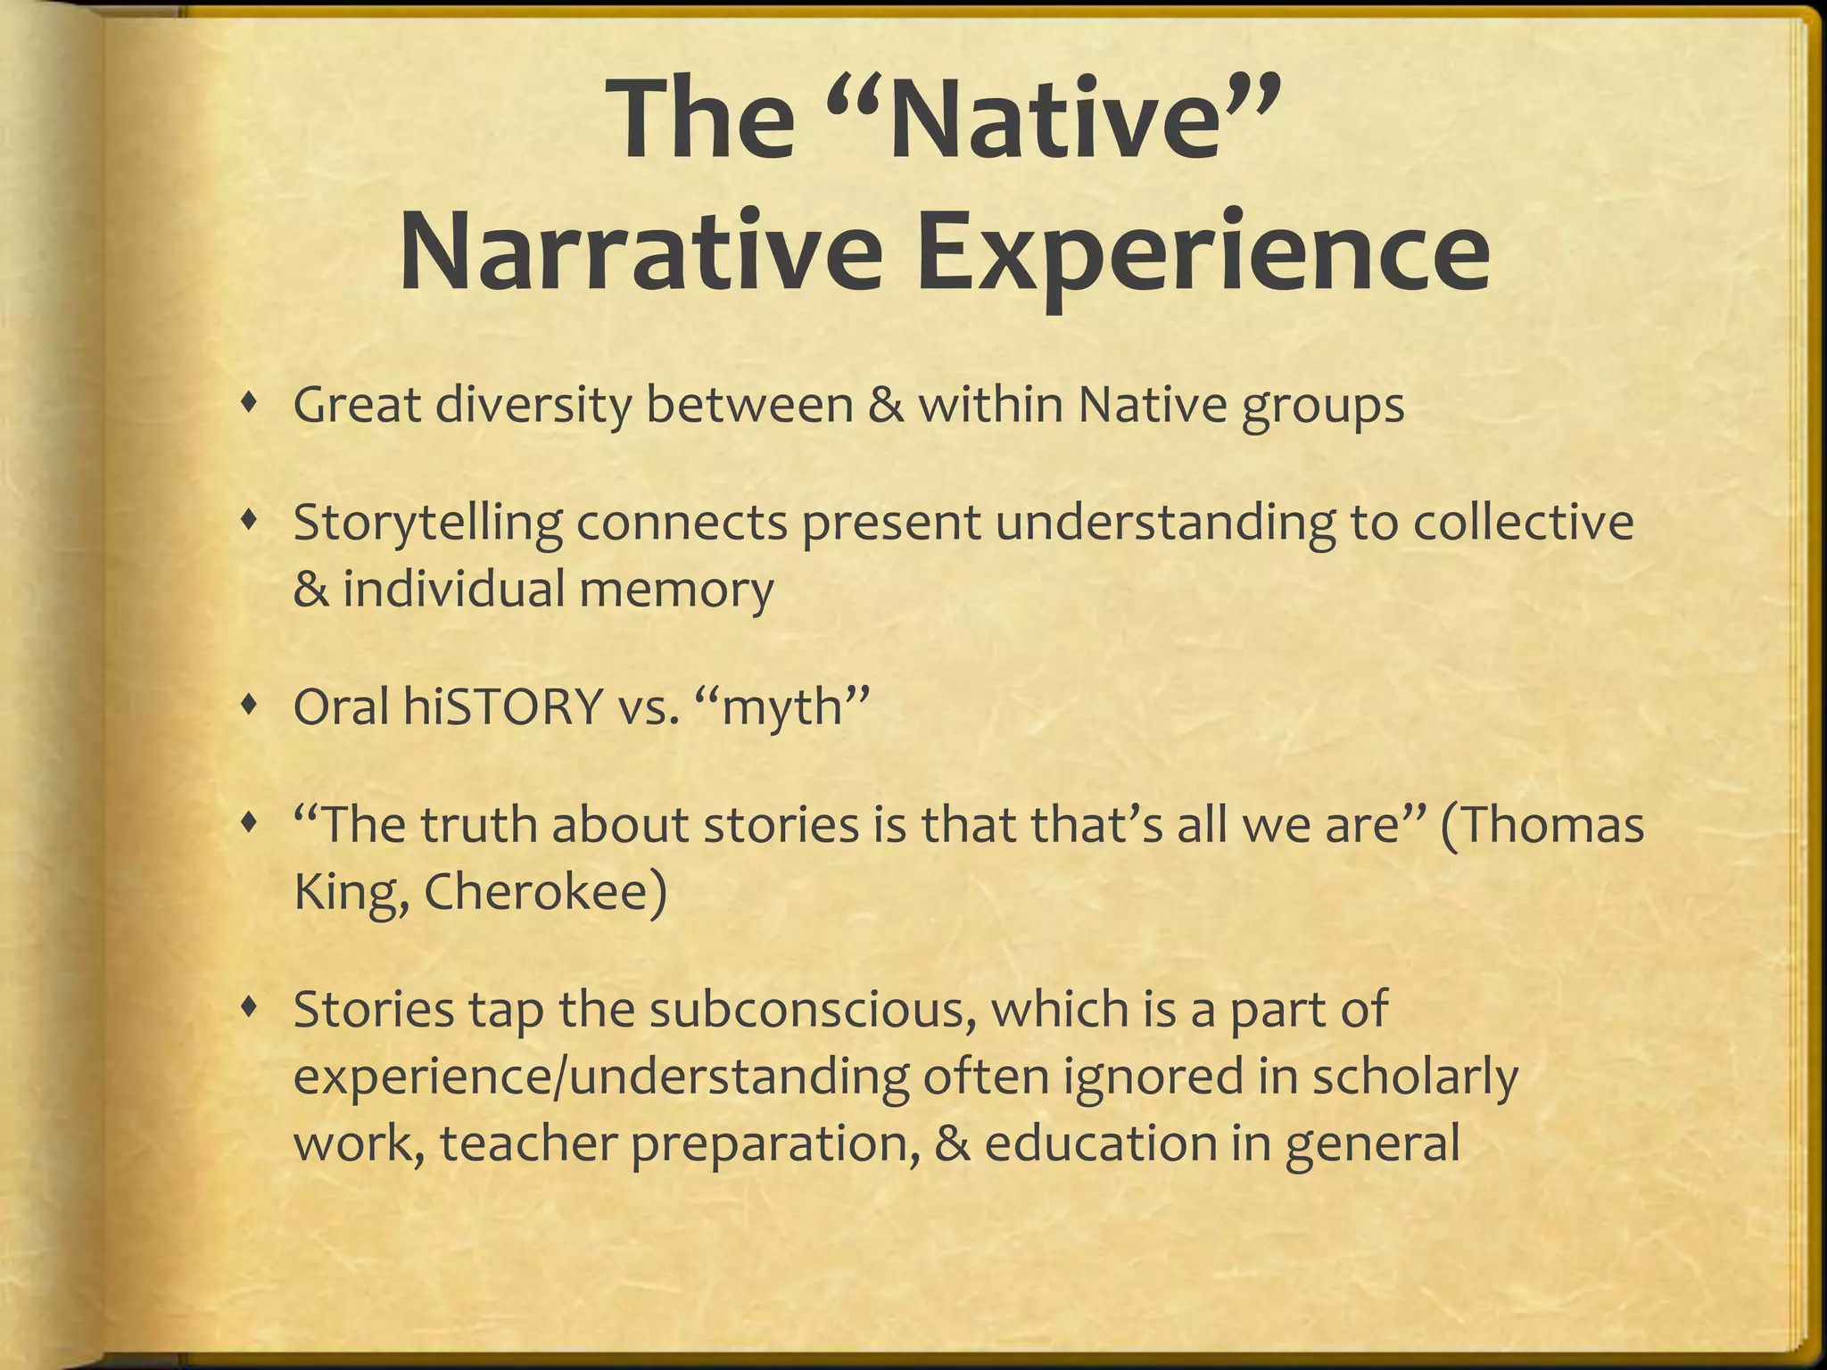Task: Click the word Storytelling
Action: click(x=427, y=524)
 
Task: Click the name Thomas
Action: click(x=1553, y=825)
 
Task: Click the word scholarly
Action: click(x=1415, y=1077)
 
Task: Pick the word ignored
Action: click(x=1152, y=1077)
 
